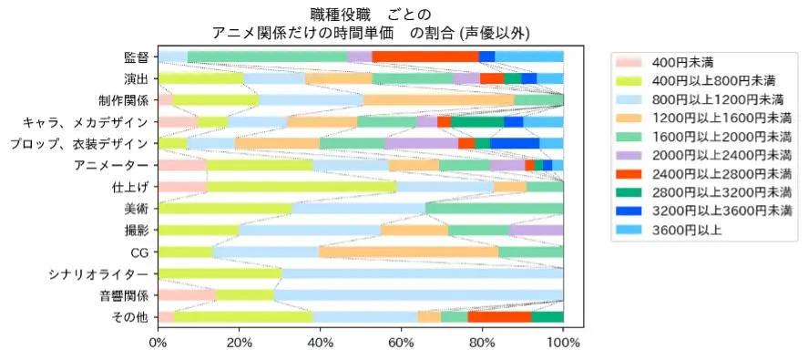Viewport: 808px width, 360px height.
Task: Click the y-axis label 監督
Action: (x=136, y=57)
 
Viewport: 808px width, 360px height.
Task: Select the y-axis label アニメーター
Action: (x=110, y=165)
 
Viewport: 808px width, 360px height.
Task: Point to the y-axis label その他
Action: (x=129, y=317)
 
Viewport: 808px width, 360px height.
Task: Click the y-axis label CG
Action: (x=138, y=252)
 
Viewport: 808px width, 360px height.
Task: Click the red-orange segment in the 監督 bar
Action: (x=425, y=57)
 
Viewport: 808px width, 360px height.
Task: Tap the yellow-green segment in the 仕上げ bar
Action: (x=302, y=187)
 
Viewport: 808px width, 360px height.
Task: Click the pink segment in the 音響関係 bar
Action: (x=187, y=295)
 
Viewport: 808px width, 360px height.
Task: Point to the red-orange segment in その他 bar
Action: (x=499, y=316)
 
